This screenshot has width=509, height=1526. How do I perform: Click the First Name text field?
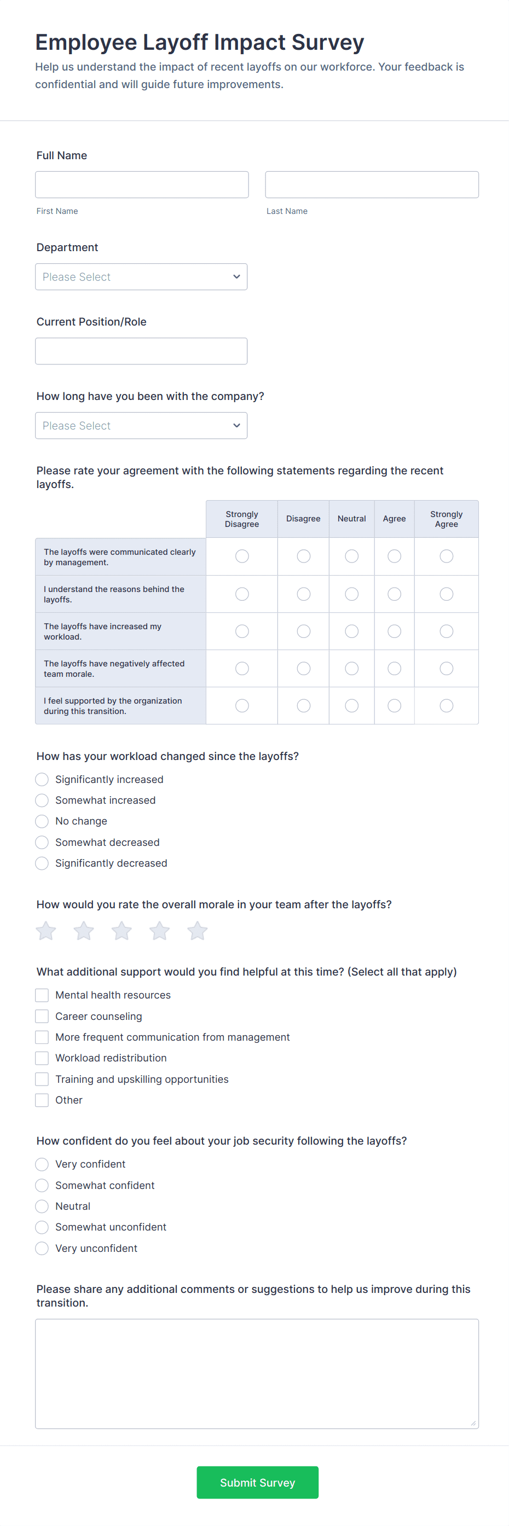tap(142, 185)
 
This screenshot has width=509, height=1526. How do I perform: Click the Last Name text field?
tap(372, 185)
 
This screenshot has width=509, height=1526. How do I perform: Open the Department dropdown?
tap(141, 277)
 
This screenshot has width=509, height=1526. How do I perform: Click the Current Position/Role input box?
tap(141, 351)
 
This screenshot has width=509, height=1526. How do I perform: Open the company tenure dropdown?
tap(141, 425)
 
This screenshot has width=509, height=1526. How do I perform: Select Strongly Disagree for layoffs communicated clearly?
tap(242, 556)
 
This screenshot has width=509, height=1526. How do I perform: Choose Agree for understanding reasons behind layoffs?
tap(394, 594)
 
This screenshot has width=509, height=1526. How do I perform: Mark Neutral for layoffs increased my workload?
tap(351, 631)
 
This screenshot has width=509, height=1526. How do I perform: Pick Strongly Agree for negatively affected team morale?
tap(446, 668)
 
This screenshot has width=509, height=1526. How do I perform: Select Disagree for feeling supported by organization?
tap(303, 705)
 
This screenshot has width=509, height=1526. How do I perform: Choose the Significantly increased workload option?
tap(42, 780)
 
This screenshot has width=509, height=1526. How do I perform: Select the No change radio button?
tap(42, 821)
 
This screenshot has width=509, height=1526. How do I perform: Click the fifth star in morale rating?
tap(198, 931)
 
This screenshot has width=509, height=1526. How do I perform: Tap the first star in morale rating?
tap(46, 931)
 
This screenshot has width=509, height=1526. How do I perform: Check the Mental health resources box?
tap(42, 995)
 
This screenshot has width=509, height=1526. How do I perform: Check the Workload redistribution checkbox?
tap(42, 1058)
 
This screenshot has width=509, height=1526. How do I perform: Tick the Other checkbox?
tap(42, 1100)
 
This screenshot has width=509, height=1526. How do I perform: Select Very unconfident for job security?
tap(42, 1248)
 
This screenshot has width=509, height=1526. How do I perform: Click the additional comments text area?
tap(257, 1373)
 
